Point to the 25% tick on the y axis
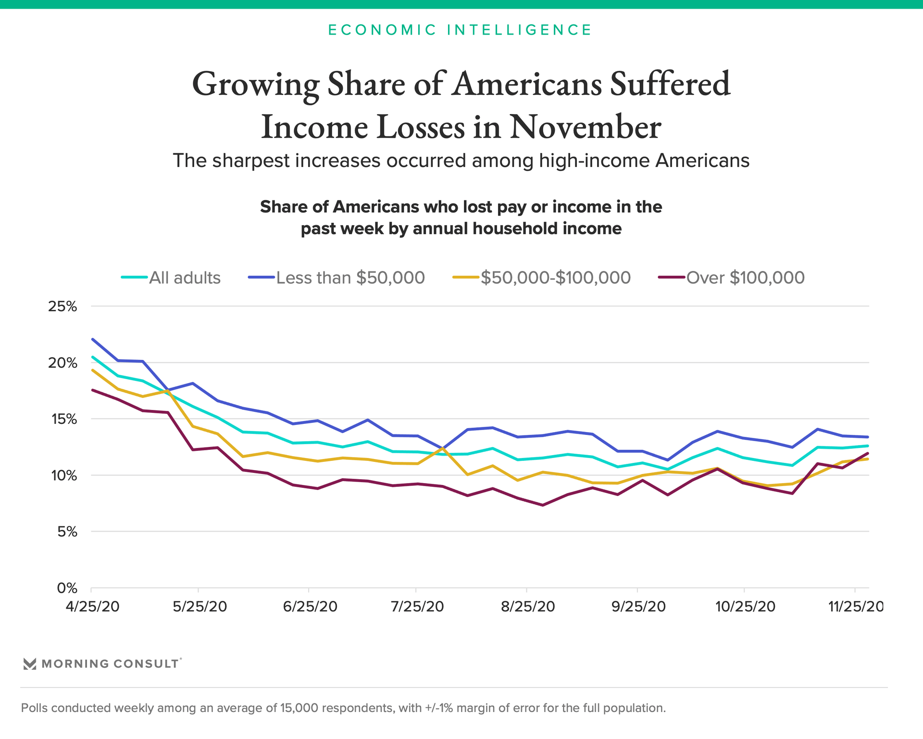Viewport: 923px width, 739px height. coord(62,306)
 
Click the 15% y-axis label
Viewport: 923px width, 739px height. coord(62,420)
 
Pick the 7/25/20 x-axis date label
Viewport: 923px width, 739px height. coord(417,606)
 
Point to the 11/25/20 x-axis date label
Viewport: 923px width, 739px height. coord(855,606)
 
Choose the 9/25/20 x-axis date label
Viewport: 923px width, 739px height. coord(638,606)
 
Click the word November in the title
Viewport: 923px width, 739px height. coord(585,127)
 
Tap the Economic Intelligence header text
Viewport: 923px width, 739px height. coord(460,30)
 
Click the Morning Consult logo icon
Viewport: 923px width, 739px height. coord(30,664)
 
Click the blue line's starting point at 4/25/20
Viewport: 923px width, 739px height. coord(92,339)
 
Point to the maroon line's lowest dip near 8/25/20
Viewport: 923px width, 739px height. coord(542,505)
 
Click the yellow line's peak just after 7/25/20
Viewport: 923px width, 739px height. coord(442,448)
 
